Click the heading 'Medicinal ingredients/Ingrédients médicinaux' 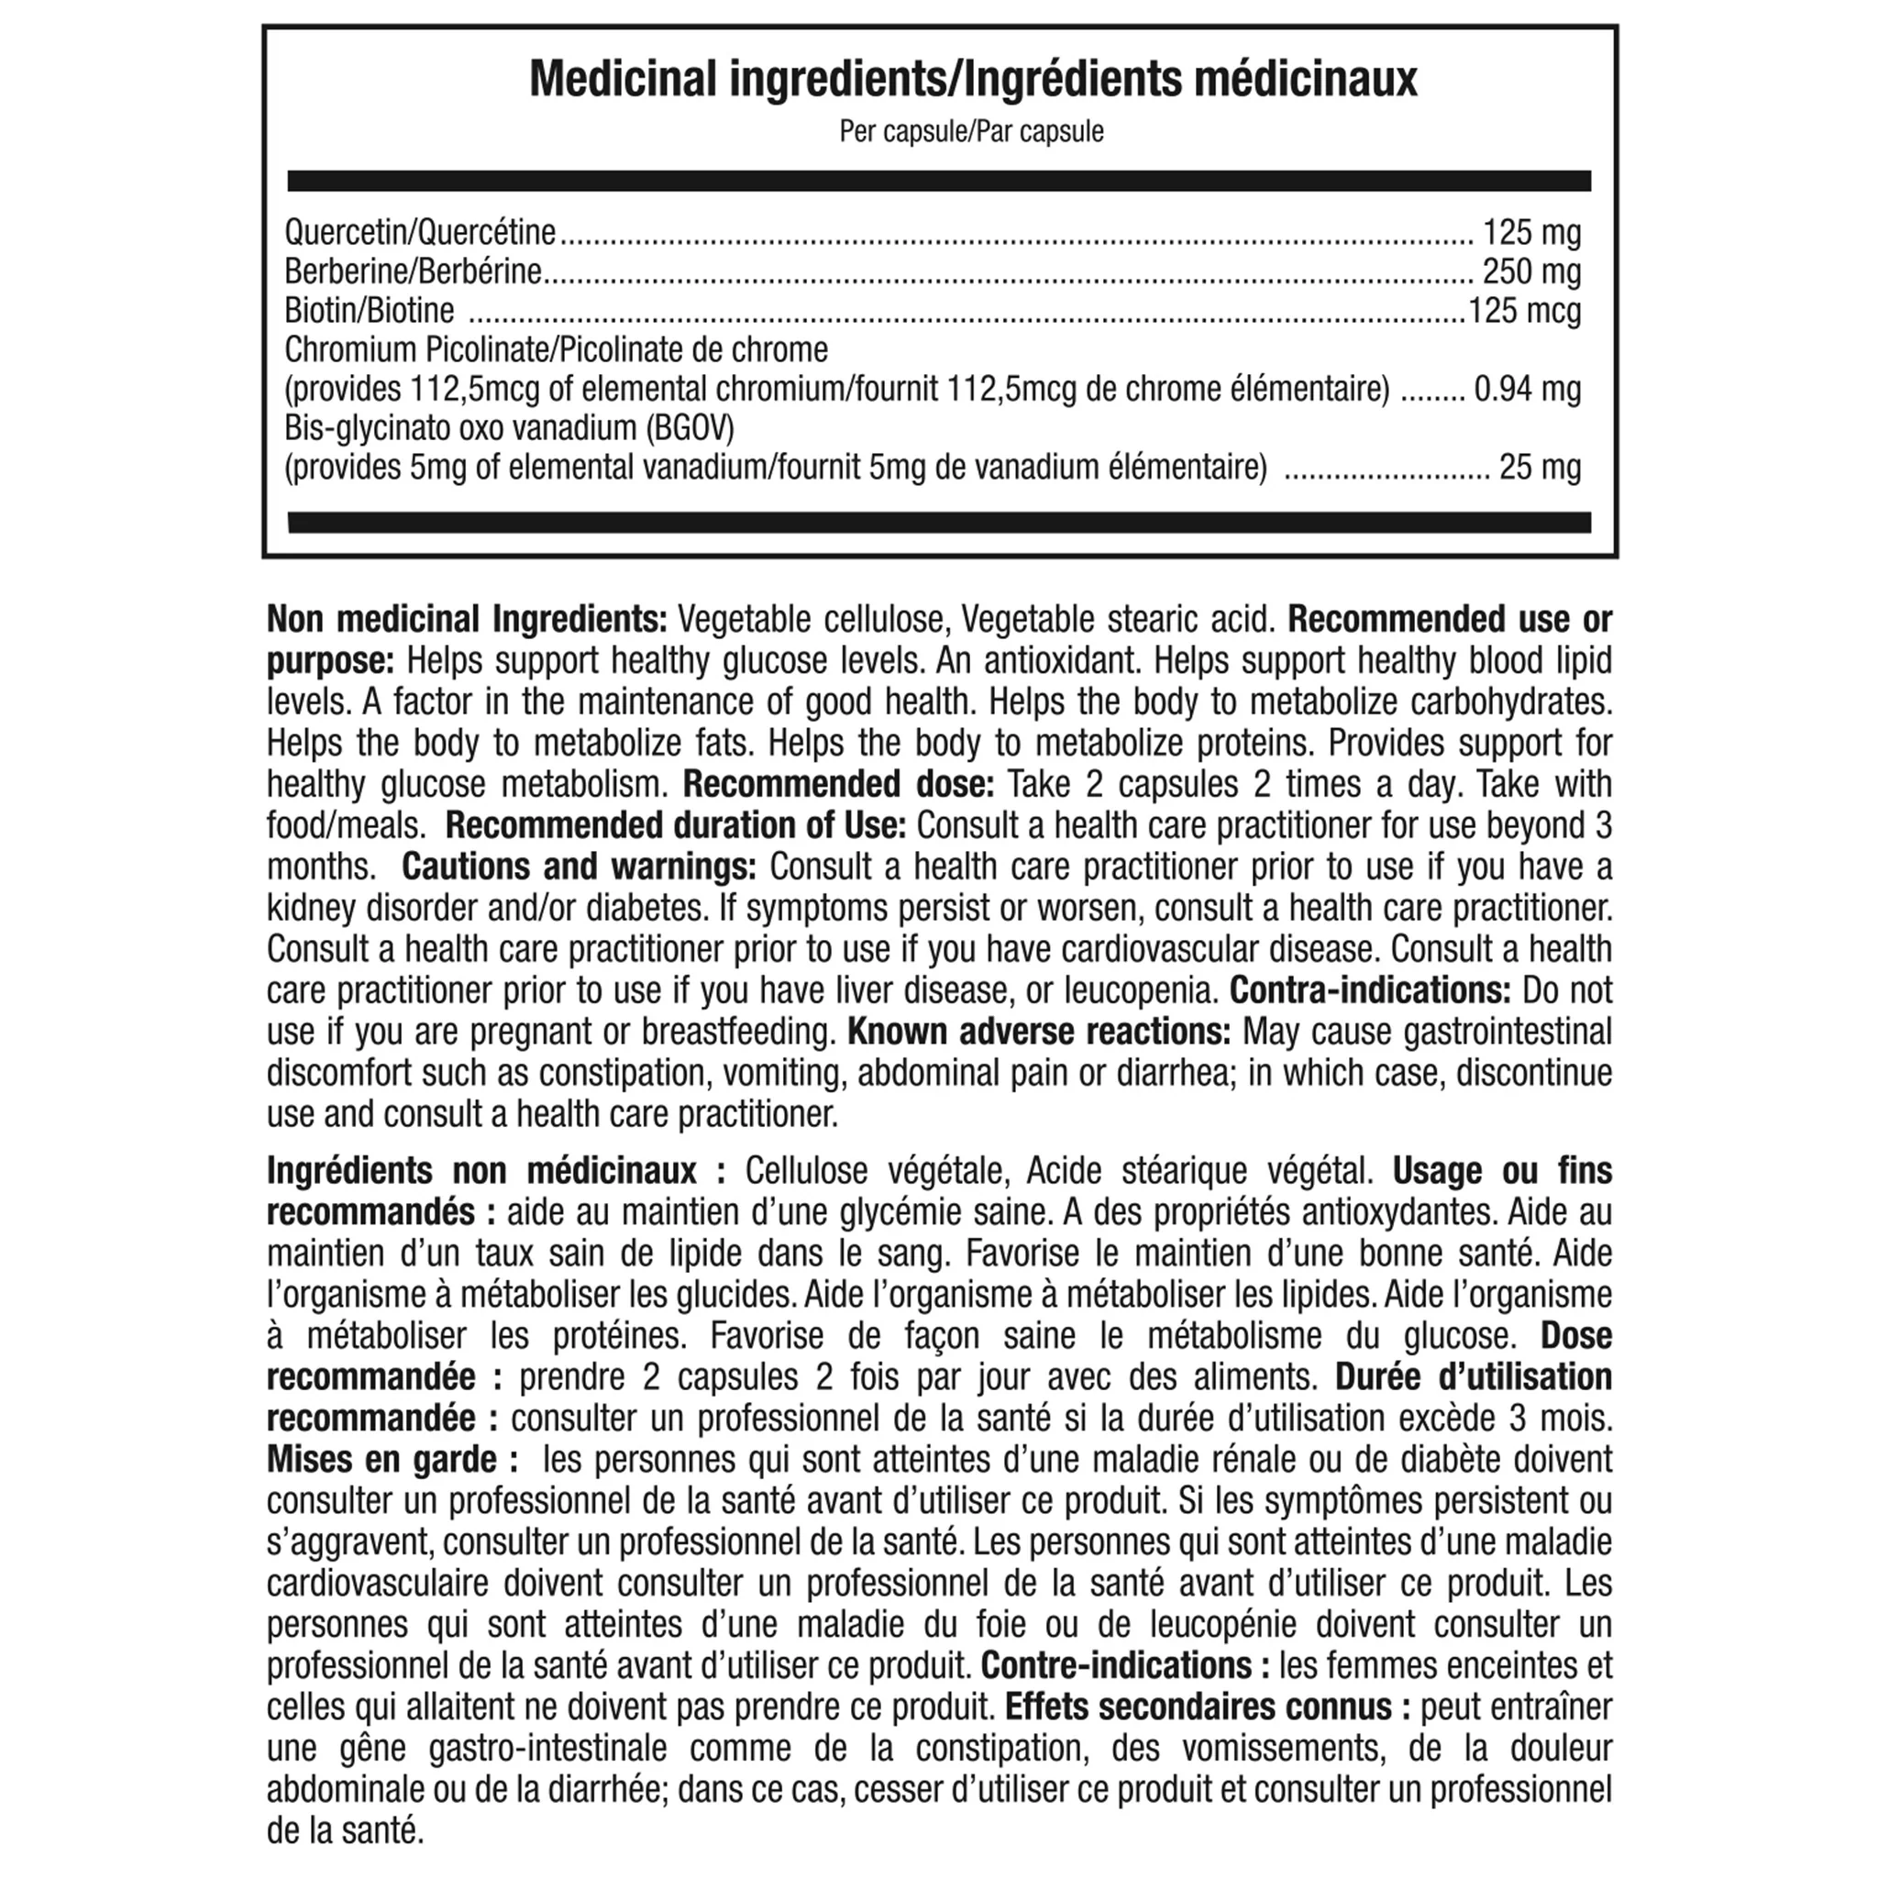point(972,80)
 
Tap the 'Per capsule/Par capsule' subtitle point(971,131)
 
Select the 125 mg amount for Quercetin point(1531,233)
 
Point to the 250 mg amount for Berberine point(1531,272)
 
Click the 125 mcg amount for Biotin point(1524,311)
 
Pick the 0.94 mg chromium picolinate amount point(1527,390)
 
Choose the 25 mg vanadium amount point(1540,468)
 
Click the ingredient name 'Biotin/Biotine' point(370,311)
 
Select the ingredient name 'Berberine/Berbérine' point(414,272)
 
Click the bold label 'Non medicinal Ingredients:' point(467,619)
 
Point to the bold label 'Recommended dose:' point(838,784)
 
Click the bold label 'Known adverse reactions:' point(1039,1033)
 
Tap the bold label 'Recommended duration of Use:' point(676,826)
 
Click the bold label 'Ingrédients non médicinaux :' point(496,1171)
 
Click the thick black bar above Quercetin point(939,181)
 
